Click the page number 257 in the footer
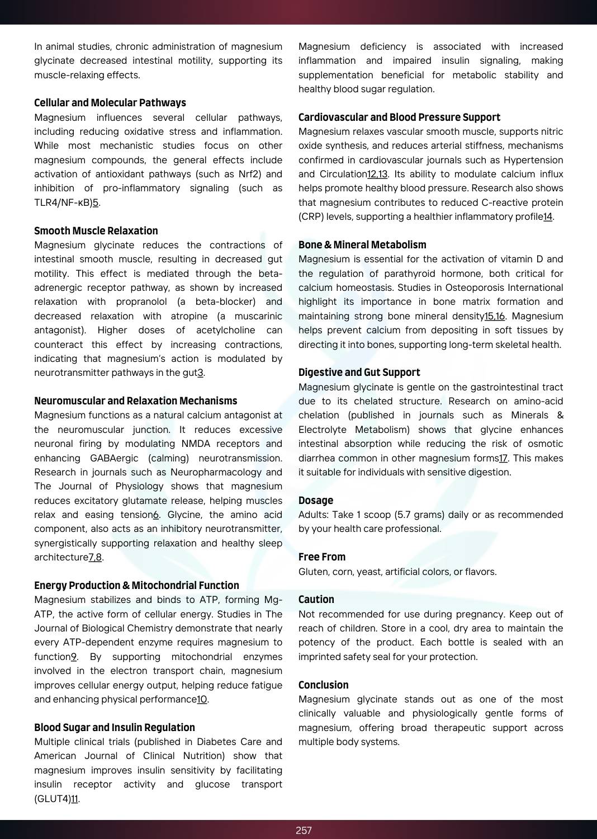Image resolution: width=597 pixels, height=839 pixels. coord(304,830)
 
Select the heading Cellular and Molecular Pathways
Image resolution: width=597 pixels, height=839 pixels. coord(110,103)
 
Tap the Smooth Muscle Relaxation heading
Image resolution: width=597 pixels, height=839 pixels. coord(96,231)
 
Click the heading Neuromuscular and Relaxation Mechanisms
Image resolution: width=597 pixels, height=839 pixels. coord(136,401)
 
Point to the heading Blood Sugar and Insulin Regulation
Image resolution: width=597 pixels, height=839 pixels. coord(115,728)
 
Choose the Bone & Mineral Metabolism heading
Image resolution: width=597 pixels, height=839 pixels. coord(362,245)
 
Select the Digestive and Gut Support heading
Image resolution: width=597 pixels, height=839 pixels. coord(359,373)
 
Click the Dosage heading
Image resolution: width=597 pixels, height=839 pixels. coord(316,501)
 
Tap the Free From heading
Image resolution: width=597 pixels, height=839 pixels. coord(322,557)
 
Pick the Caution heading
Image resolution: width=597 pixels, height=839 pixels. coord(316,600)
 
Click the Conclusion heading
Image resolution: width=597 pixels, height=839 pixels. coord(324,685)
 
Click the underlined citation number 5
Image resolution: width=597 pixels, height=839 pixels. coord(96,202)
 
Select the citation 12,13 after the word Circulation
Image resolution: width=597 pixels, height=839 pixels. coord(377,174)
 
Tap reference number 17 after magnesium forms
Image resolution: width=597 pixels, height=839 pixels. coord(503,458)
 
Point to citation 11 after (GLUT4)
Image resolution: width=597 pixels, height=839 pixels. coord(74,799)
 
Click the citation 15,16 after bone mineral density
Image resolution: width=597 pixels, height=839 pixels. coord(495,316)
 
